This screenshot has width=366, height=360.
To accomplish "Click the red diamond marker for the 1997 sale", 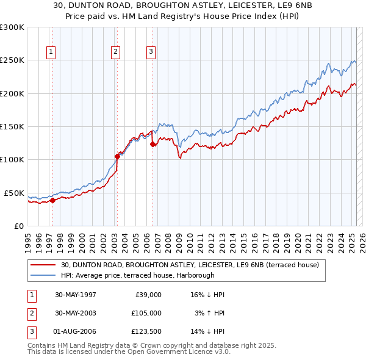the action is point(52,200).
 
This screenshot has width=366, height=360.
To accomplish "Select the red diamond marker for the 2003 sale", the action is point(117,156).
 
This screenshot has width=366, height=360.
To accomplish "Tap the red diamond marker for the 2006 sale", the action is point(152,145).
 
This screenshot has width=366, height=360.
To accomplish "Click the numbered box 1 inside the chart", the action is point(51,52).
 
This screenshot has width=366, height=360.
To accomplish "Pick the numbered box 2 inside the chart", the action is point(115,52).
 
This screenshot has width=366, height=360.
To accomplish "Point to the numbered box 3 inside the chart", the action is point(151,52).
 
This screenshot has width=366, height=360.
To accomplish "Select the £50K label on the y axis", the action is point(14,193).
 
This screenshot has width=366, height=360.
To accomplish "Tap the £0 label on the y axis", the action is point(19,226).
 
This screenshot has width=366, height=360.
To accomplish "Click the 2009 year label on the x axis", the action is point(179,243).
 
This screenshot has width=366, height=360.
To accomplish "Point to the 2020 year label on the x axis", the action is point(298,243).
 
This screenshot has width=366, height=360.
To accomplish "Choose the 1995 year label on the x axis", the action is point(28,243).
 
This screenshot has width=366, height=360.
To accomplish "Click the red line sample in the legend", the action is point(43,265).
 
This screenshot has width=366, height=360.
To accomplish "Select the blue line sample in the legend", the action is point(43,275).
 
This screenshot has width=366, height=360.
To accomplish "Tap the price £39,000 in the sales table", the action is point(148,295).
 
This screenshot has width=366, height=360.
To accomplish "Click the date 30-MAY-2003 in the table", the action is point(76,313).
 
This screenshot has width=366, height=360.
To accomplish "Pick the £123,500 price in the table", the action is point(146,331).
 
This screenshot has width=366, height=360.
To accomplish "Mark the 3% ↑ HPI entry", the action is point(210,313).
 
